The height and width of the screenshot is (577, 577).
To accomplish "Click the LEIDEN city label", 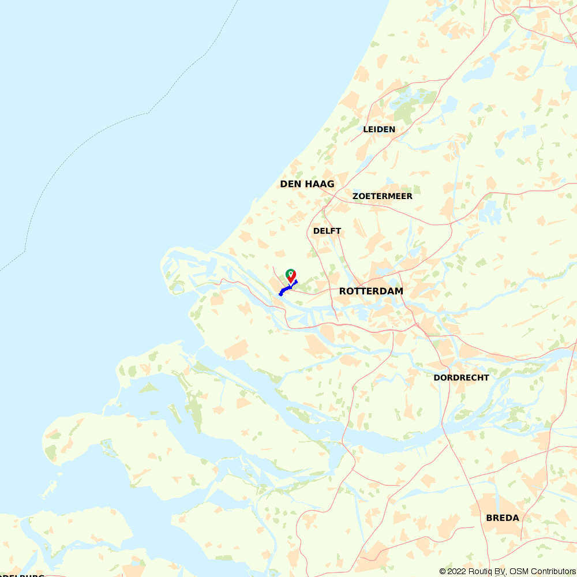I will click(379, 129).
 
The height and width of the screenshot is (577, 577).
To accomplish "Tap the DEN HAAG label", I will click(307, 184).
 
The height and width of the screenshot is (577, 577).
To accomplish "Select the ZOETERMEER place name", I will click(382, 196).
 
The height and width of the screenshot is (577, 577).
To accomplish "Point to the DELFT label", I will click(327, 231).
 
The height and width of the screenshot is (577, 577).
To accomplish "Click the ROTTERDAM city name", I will click(371, 291).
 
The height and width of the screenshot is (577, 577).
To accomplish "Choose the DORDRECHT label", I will click(461, 378).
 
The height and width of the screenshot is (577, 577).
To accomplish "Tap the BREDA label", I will click(503, 518).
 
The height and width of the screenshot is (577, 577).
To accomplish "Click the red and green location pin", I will click(291, 275).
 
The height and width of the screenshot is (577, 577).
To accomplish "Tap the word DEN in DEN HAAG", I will click(290, 184).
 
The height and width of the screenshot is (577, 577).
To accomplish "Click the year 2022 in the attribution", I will click(458, 571).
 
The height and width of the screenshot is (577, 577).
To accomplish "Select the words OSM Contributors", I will click(542, 571).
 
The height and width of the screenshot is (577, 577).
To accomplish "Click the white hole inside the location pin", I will click(291, 273).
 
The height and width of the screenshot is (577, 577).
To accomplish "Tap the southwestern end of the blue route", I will click(280, 294).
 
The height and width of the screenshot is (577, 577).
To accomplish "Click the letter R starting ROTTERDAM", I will click(343, 291).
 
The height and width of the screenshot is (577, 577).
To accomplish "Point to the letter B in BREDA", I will click(490, 518).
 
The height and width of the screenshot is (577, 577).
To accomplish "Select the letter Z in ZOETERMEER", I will click(355, 196).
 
